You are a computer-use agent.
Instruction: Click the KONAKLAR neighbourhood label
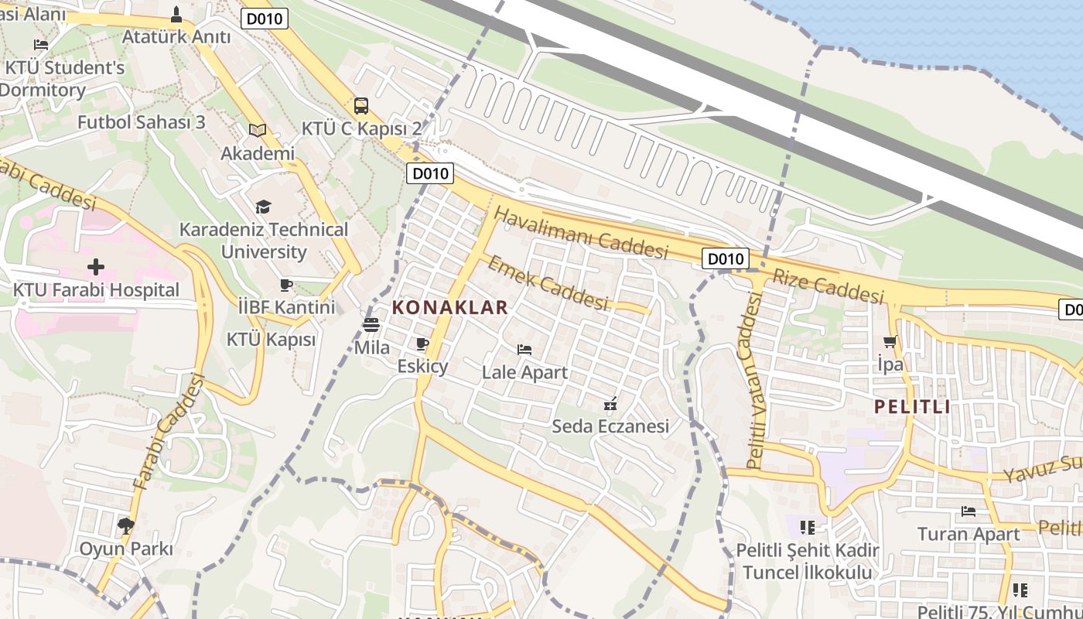tap(449, 307)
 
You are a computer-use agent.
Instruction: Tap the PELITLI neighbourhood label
tap(912, 407)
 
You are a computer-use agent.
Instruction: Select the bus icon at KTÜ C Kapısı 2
tap(361, 106)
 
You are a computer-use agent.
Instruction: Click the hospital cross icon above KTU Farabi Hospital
tap(96, 268)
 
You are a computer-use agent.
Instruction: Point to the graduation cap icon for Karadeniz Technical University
tap(264, 207)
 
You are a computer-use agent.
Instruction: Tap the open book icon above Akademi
tap(258, 131)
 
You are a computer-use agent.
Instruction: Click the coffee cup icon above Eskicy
tap(422, 344)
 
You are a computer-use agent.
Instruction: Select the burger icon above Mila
tap(371, 324)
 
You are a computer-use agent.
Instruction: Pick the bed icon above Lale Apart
tap(524, 350)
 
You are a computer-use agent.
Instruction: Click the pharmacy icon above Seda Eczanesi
tap(610, 404)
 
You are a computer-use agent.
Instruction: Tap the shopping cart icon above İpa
tap(890, 341)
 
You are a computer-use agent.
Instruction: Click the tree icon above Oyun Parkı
tap(125, 527)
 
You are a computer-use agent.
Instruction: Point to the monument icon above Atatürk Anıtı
tap(176, 14)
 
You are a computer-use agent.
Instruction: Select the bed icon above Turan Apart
tap(968, 511)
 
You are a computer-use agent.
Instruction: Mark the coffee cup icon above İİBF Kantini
tap(286, 285)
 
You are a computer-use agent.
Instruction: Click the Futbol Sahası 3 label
tap(142, 122)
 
